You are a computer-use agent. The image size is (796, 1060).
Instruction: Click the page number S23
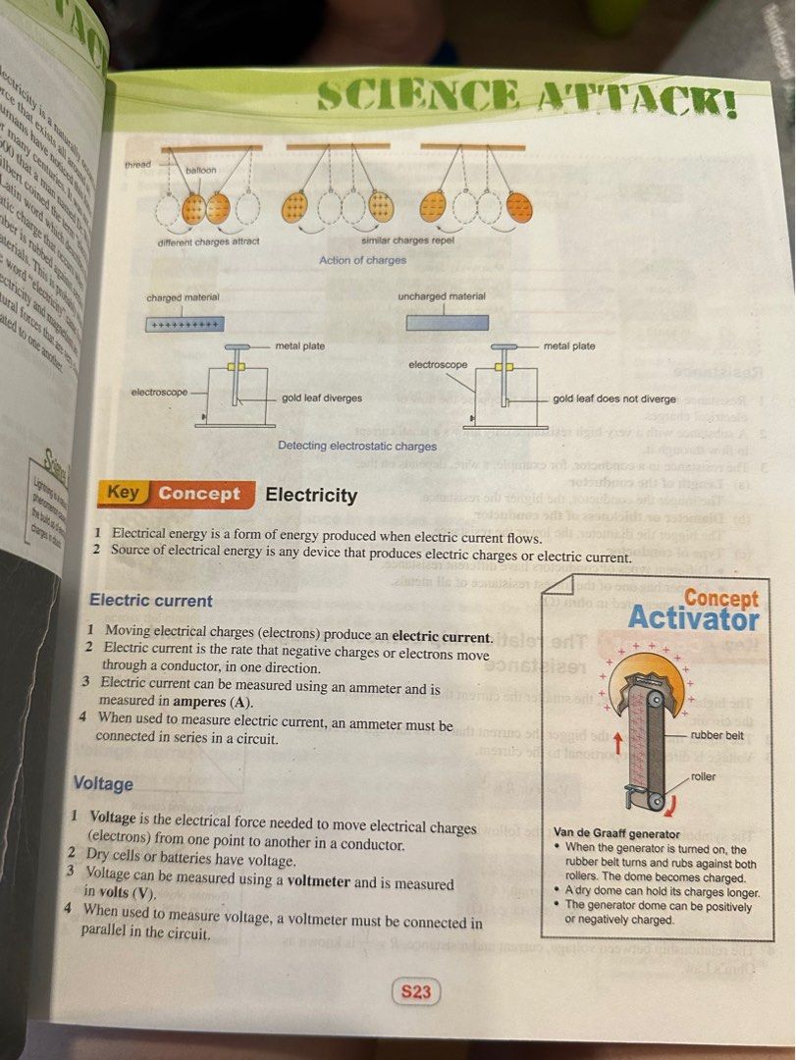[x=415, y=991]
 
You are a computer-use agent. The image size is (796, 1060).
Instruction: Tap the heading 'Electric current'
[x=150, y=600]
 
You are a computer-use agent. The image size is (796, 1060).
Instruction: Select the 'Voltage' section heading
[x=103, y=783]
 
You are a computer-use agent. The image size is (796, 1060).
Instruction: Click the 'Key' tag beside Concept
[x=122, y=494]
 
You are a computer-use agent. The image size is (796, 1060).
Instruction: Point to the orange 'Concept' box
[x=199, y=495]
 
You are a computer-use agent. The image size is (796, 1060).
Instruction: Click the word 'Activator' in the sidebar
[x=693, y=619]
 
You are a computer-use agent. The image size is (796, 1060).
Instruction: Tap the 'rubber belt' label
[x=716, y=734]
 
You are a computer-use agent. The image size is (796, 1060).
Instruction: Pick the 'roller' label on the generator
[x=704, y=775]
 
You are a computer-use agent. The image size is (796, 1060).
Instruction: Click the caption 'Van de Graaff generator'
[x=616, y=831]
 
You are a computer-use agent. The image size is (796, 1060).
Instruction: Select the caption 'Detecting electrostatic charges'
[x=357, y=446]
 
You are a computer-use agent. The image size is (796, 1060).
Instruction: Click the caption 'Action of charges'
[x=362, y=260]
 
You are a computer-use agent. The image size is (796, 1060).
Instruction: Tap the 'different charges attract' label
[x=208, y=241]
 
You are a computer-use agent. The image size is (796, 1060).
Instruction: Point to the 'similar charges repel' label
[x=407, y=241]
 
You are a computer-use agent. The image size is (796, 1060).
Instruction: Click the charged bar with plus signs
[x=186, y=324]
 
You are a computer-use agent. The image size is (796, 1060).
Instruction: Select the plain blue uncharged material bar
[x=447, y=322]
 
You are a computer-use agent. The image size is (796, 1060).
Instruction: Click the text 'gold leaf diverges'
[x=321, y=398]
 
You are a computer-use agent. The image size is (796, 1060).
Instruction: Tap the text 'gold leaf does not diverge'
[x=614, y=399]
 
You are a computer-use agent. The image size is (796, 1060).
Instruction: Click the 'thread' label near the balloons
[x=138, y=164]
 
